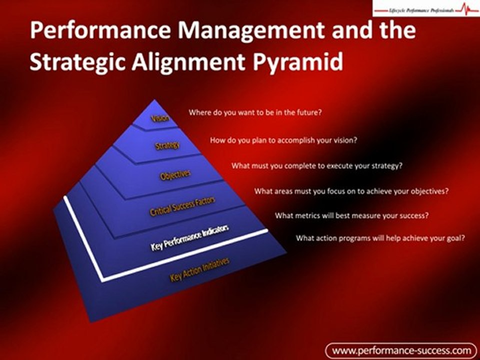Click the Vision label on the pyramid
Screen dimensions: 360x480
pyautogui.click(x=160, y=118)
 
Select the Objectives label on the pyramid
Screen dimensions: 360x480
pyautogui.click(x=175, y=175)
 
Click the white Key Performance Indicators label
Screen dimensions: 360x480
pyautogui.click(x=190, y=237)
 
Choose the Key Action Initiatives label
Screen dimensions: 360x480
pyautogui.click(x=199, y=269)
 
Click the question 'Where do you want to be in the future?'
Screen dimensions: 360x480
pyautogui.click(x=254, y=112)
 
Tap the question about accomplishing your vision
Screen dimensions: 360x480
pyautogui.click(x=283, y=140)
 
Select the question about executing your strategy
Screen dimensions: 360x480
pyautogui.click(x=316, y=166)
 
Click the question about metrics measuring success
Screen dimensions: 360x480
pyautogui.click(x=352, y=216)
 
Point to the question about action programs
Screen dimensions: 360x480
pyautogui.click(x=380, y=238)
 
